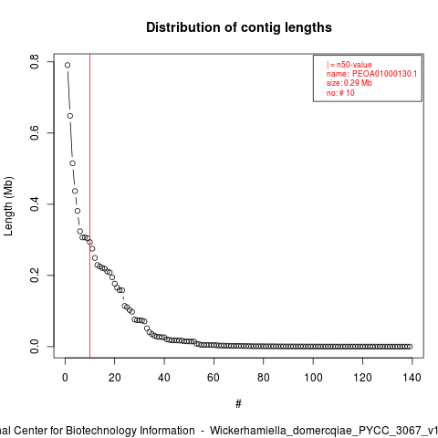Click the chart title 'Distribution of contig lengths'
[x=239, y=27]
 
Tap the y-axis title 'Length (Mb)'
[x=8, y=206]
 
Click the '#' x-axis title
[x=238, y=404]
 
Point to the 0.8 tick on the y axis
[x=35, y=62]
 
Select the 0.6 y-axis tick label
[x=35, y=133]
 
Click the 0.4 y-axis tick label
[x=35, y=204]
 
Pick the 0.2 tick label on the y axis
[x=35, y=276]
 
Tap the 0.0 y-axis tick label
[x=35, y=347]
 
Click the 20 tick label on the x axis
[x=115, y=378]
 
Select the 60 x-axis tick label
[x=214, y=378]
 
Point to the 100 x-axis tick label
[x=313, y=378]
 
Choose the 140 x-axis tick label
[x=412, y=378]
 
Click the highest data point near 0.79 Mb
[x=68, y=65]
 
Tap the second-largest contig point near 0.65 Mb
[x=70, y=116]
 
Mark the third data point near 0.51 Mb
[x=72, y=163]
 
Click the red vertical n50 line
[x=89, y=206]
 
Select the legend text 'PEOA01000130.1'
[x=384, y=74]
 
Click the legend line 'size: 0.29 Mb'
[x=349, y=83]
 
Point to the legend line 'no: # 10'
[x=340, y=93]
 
